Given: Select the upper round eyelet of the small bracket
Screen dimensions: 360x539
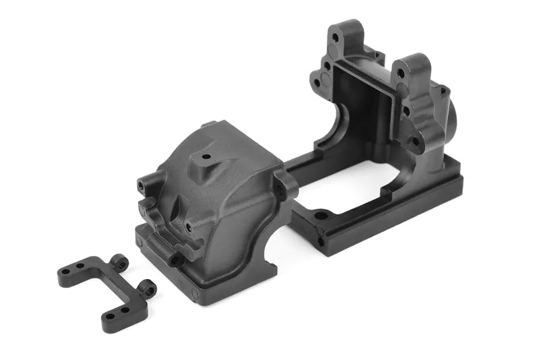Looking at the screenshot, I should [120, 260].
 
